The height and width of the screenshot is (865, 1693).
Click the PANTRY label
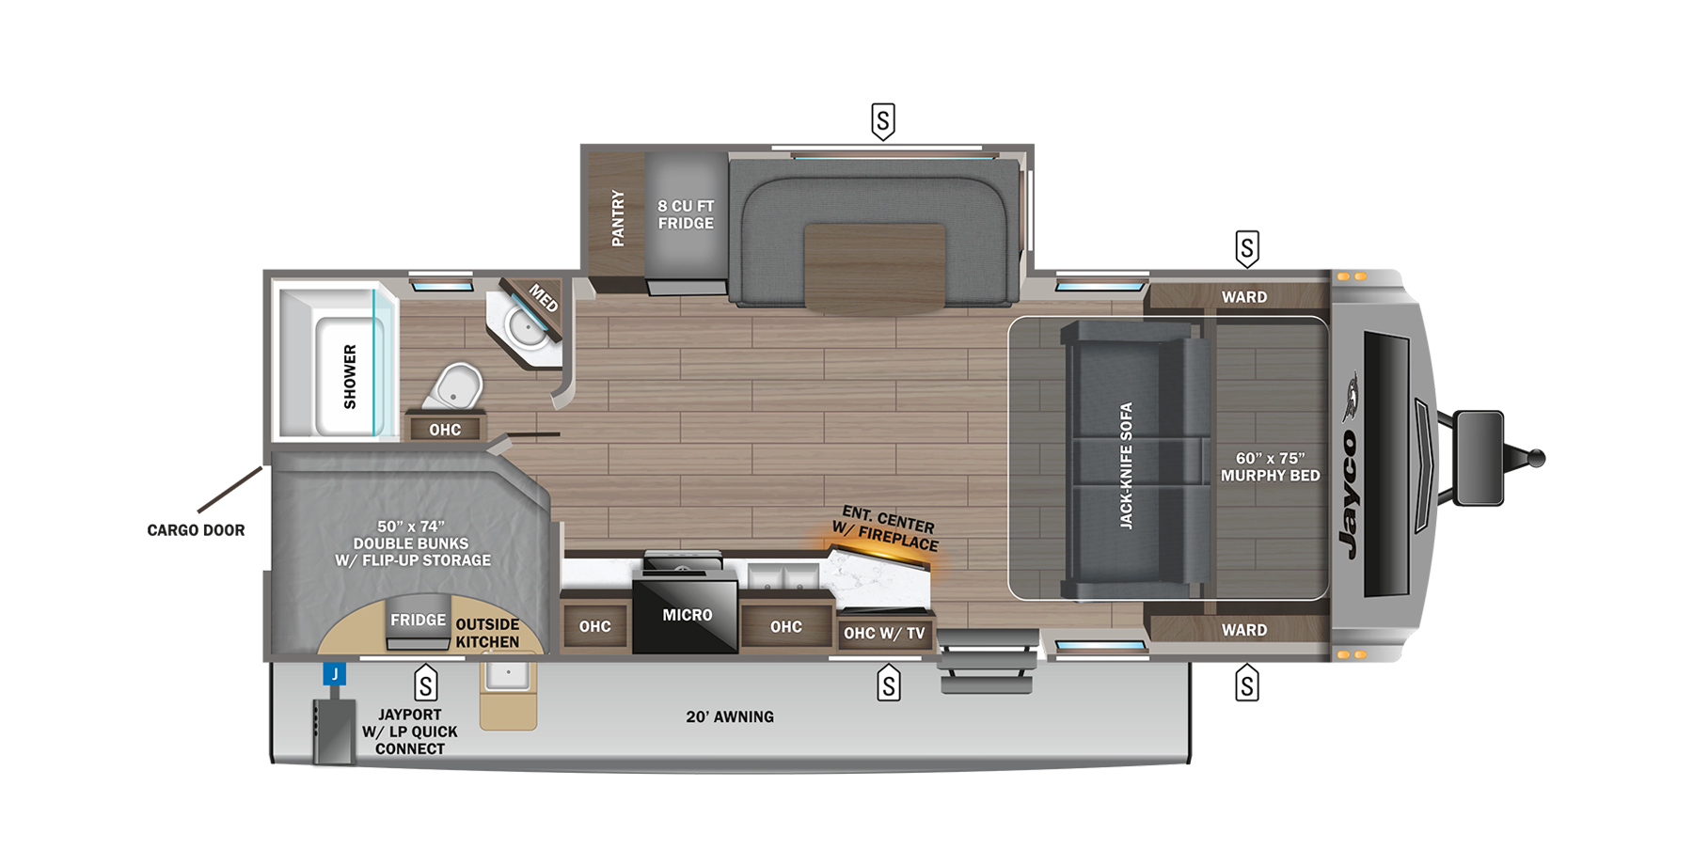coord(618,218)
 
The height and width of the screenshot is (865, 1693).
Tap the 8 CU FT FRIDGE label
coord(686,214)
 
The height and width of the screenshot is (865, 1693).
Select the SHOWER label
coord(350,376)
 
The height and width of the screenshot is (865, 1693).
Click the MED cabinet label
coord(544,298)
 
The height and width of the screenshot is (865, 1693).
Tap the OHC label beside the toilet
coord(445,430)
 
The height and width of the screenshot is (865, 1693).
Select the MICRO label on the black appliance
coord(687,615)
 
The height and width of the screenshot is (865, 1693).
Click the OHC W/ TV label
coord(884,634)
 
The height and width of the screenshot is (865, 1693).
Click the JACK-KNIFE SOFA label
coord(1126,465)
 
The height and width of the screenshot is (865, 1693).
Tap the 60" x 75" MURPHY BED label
coord(1270,467)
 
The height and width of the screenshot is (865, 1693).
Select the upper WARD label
coord(1243,297)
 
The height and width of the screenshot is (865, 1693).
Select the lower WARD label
coord(1243,630)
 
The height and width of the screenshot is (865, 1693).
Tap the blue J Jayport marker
coord(334,674)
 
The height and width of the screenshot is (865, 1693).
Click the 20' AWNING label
coord(730,716)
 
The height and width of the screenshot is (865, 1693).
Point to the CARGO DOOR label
coord(196,530)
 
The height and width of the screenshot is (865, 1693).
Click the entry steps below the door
coord(987,662)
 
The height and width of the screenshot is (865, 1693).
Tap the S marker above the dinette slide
coord(882,120)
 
